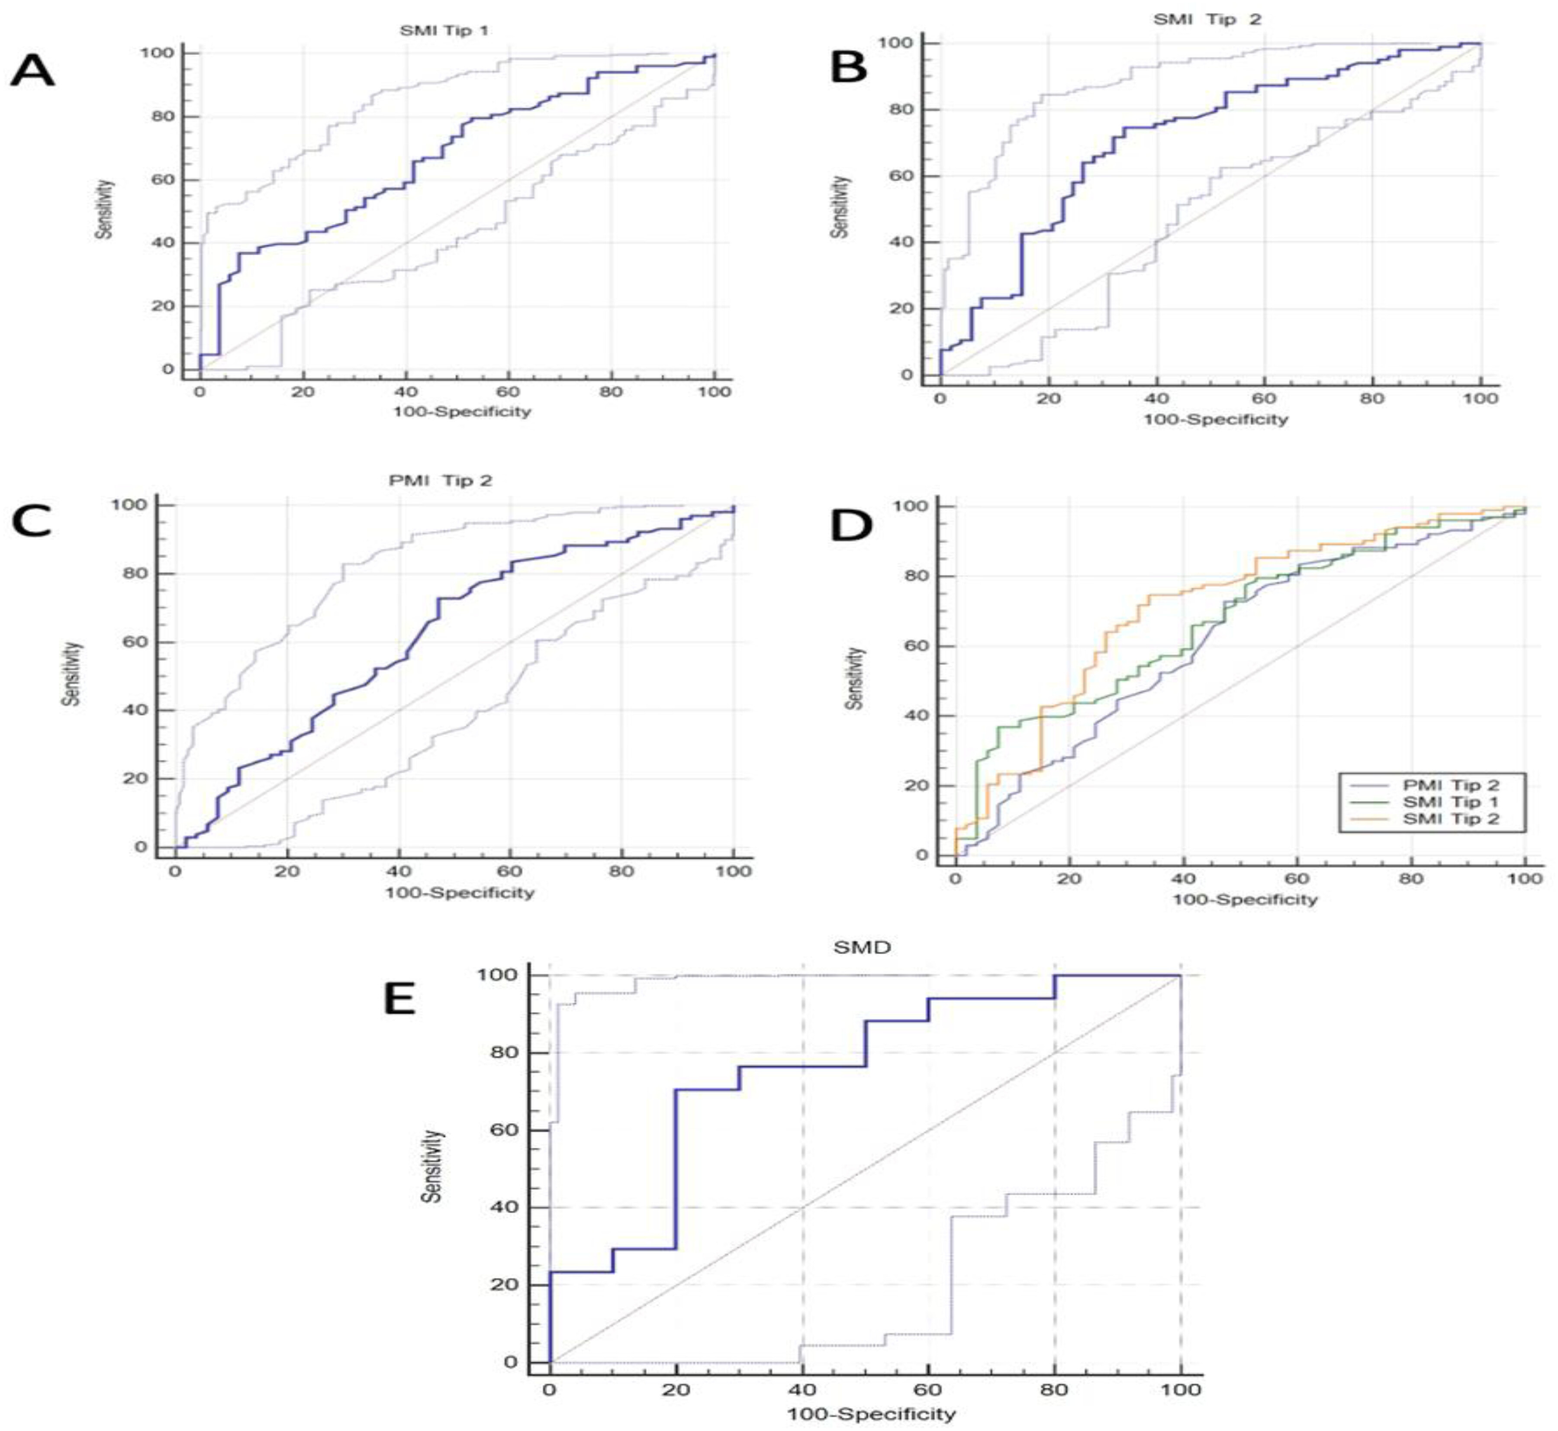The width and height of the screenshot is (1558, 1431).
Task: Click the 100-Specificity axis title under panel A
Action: (x=462, y=411)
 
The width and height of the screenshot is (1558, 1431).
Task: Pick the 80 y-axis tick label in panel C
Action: (x=135, y=574)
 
